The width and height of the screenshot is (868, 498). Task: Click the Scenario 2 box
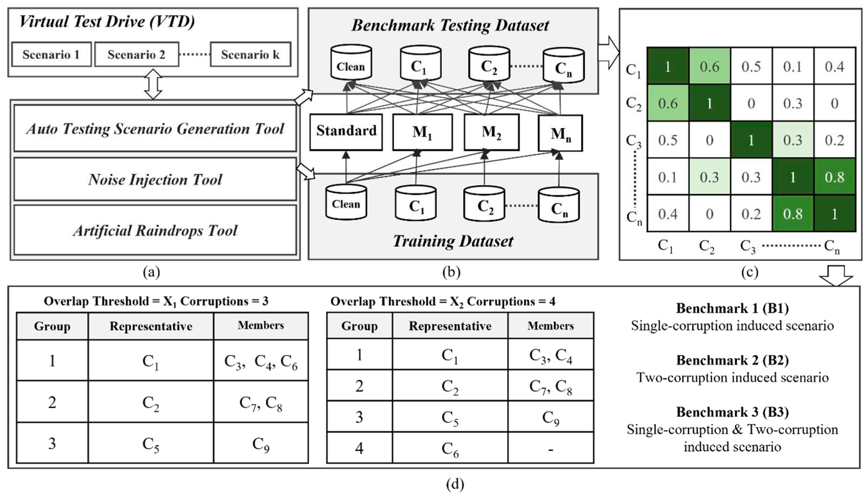click(x=136, y=54)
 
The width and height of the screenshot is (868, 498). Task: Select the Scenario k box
click(x=250, y=54)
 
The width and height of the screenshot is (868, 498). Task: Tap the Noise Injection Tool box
click(x=155, y=180)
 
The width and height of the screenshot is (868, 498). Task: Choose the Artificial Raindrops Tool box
click(x=155, y=230)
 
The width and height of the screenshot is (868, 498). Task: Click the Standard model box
click(x=346, y=132)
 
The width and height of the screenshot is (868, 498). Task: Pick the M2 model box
click(x=491, y=132)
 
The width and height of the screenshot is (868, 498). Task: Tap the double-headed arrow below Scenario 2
click(x=153, y=84)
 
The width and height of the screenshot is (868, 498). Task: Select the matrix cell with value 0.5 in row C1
click(x=751, y=66)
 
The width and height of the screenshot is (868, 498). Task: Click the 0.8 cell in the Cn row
click(x=793, y=214)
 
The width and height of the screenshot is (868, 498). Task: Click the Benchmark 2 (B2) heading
click(x=732, y=360)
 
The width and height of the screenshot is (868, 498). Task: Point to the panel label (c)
click(x=750, y=272)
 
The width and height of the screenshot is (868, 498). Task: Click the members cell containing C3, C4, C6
click(x=261, y=360)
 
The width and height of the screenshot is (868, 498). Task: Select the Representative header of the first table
click(x=151, y=326)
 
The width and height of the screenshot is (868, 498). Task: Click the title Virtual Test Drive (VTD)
click(x=107, y=22)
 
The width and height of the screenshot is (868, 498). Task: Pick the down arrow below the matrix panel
click(x=836, y=276)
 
